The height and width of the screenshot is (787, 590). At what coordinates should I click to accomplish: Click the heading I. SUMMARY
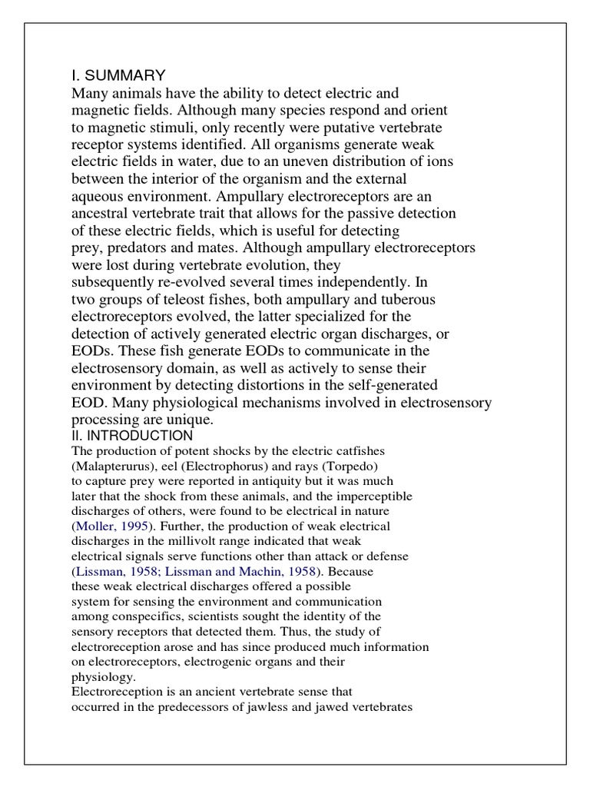tap(118, 75)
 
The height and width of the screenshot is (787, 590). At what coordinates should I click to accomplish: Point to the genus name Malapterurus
tap(109, 466)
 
